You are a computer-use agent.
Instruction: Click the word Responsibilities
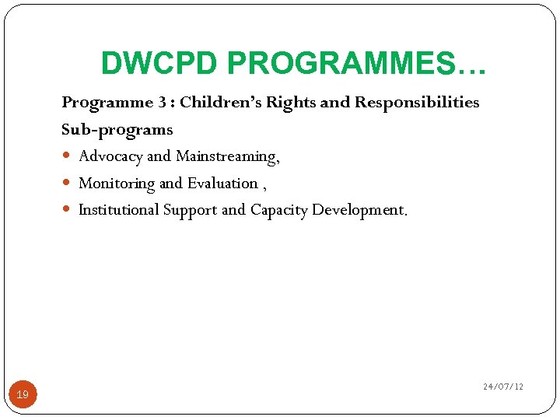pos(417,103)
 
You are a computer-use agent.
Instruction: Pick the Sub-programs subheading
pos(117,129)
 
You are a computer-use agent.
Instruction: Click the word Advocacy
pos(110,156)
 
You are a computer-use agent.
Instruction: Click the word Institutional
pos(118,210)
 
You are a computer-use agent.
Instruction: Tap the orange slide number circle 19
pos(23,395)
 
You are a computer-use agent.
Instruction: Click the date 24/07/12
pos(502,387)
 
